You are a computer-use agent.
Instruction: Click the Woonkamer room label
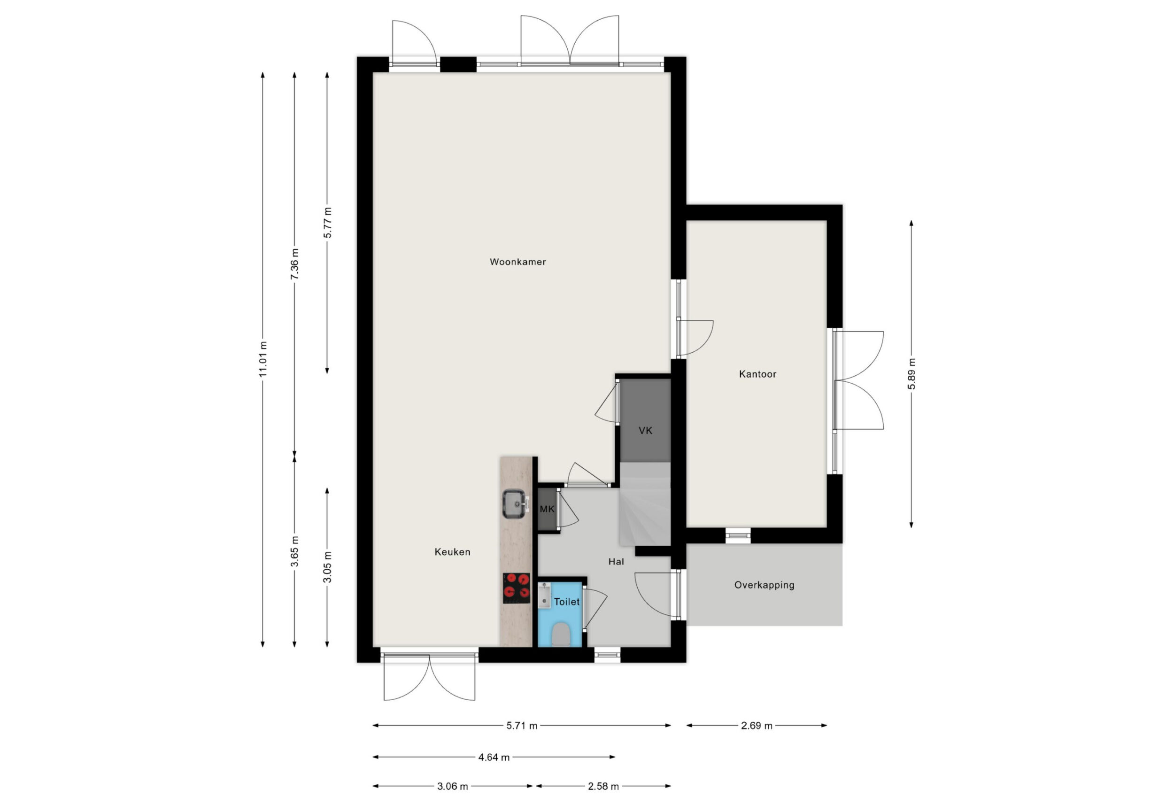[x=517, y=262]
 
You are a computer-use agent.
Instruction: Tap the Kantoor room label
[x=757, y=374]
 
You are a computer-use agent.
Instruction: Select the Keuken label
[x=452, y=552]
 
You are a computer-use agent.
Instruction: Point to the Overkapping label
[x=764, y=585]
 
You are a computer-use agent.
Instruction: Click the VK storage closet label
[x=645, y=431]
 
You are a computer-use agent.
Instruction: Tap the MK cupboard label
[x=547, y=509]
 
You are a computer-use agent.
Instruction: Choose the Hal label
[x=616, y=561]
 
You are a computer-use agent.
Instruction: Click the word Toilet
[x=566, y=601]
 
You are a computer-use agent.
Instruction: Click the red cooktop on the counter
[x=516, y=588]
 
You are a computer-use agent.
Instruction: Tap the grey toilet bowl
[x=561, y=635]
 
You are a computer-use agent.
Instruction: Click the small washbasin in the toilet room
[x=544, y=595]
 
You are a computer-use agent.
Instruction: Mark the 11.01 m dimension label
[x=263, y=359]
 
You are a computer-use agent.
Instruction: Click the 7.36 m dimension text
[x=294, y=263]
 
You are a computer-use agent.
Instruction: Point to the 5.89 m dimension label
[x=911, y=374]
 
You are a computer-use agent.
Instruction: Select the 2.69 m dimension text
[x=756, y=726]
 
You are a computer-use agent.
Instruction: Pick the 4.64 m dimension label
[x=494, y=757]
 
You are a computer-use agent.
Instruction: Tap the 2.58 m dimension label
[x=603, y=786]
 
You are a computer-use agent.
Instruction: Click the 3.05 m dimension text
[x=327, y=566]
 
